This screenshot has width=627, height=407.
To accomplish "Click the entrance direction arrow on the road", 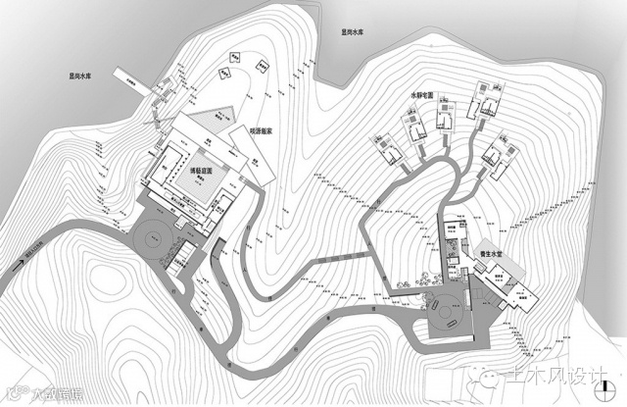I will coord(19,262).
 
